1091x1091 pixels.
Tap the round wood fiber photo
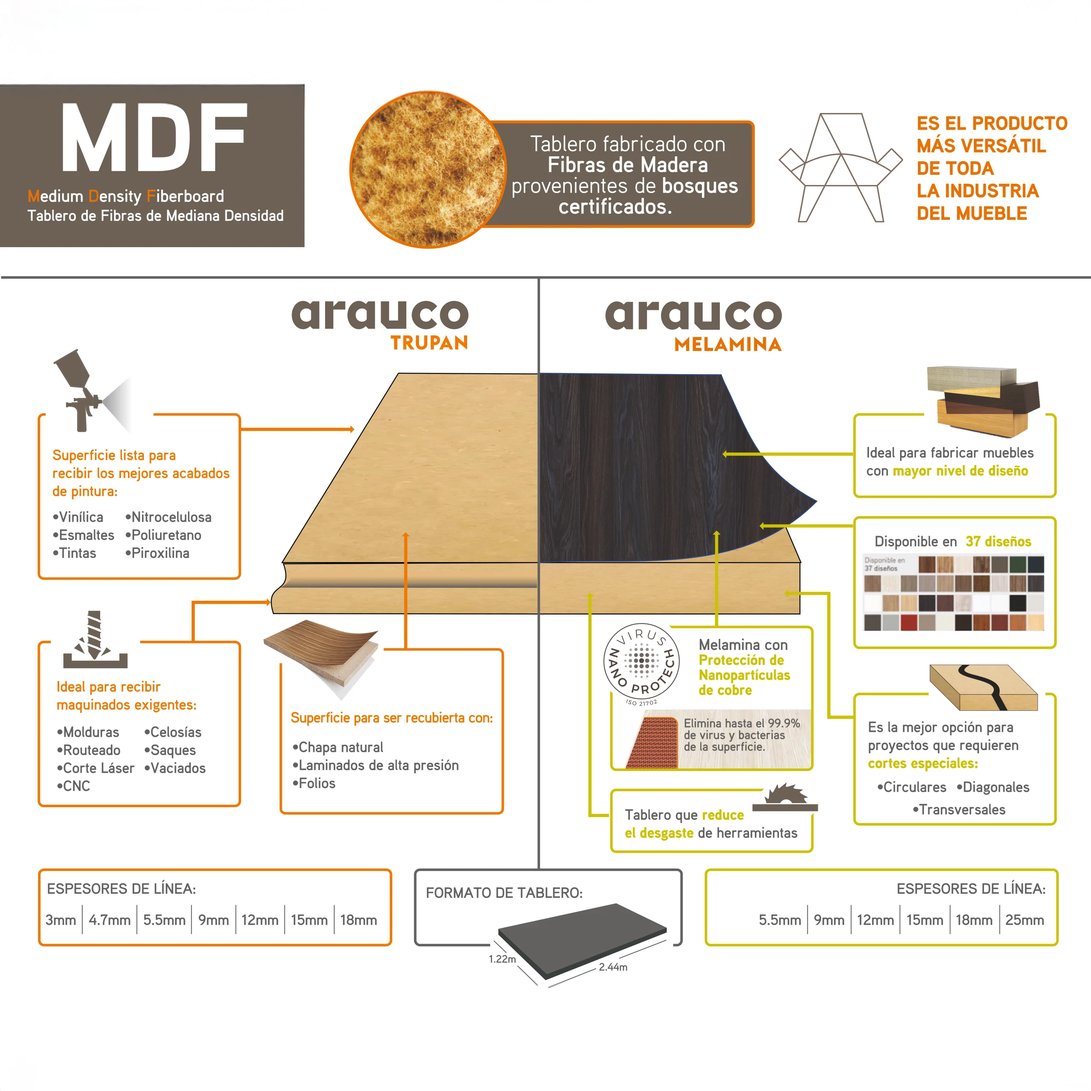(x=427, y=170)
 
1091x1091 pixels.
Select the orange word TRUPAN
(x=429, y=343)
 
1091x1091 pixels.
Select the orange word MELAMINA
(x=728, y=344)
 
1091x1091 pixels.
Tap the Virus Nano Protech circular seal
(x=641, y=662)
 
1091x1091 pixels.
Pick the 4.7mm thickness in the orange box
(x=110, y=920)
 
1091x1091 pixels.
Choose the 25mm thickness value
(x=1025, y=920)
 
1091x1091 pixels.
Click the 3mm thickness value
(x=61, y=920)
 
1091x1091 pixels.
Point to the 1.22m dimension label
(x=502, y=959)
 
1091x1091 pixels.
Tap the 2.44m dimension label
(x=613, y=967)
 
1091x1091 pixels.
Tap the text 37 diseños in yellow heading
(x=998, y=542)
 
